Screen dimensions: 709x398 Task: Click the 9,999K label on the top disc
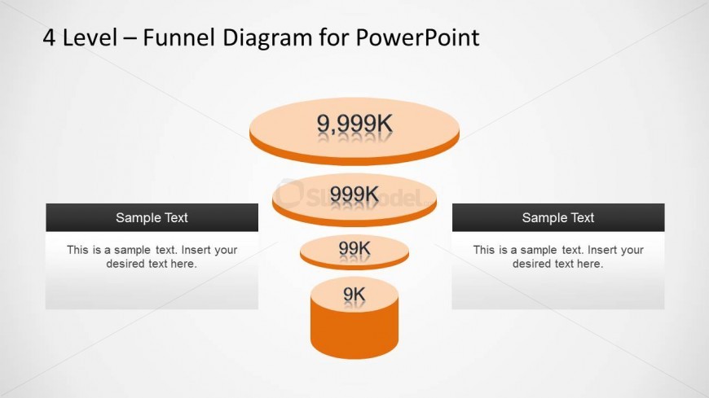coord(354,124)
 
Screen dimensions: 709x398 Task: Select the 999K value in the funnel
coord(354,195)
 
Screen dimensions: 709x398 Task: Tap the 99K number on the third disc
coord(354,248)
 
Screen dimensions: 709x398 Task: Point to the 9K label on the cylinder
coord(354,294)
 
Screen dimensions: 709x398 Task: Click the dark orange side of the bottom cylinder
coord(354,335)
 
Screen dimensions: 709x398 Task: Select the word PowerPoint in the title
coord(417,37)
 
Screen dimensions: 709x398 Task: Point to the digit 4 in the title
coord(49,37)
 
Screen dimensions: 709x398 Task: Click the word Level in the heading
coord(90,37)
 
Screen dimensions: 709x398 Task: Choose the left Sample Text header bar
coord(152,217)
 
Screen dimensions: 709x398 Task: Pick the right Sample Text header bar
coord(558,217)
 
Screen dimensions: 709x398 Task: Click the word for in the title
coord(333,37)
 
